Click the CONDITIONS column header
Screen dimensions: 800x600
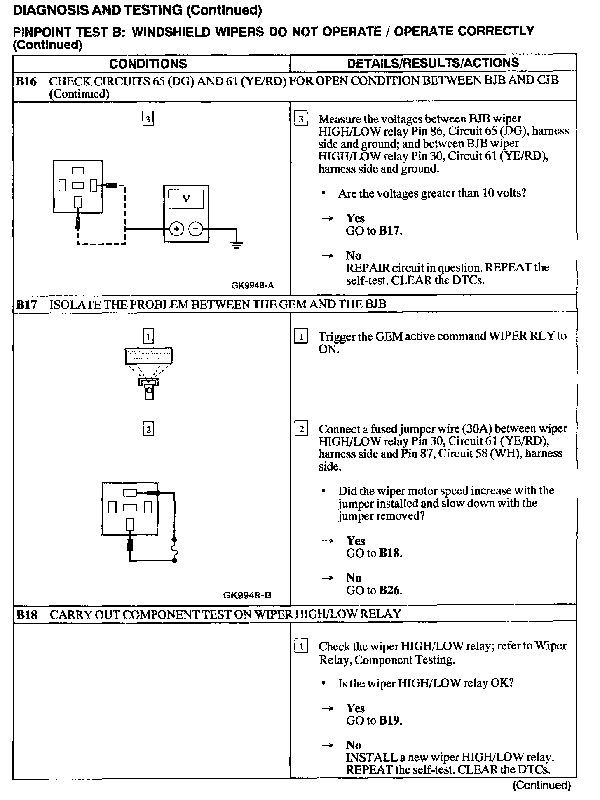[148, 64]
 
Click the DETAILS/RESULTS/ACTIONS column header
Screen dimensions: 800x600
[433, 63]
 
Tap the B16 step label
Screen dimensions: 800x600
[26, 82]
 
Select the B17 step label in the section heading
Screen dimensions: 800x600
[26, 305]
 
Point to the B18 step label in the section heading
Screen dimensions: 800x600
[26, 615]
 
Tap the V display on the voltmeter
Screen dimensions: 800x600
[186, 199]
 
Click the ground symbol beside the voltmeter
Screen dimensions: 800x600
[237, 244]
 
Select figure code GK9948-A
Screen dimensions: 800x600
[253, 285]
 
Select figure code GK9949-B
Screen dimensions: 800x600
[247, 595]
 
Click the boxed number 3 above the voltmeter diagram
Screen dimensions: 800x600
[148, 119]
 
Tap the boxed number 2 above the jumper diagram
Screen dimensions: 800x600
[148, 429]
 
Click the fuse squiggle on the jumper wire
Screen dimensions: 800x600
[174, 550]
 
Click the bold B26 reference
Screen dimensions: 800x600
[389, 591]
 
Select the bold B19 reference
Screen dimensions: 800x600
[389, 720]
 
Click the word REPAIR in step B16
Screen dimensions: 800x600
[368, 268]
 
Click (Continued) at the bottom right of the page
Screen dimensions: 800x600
[541, 785]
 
